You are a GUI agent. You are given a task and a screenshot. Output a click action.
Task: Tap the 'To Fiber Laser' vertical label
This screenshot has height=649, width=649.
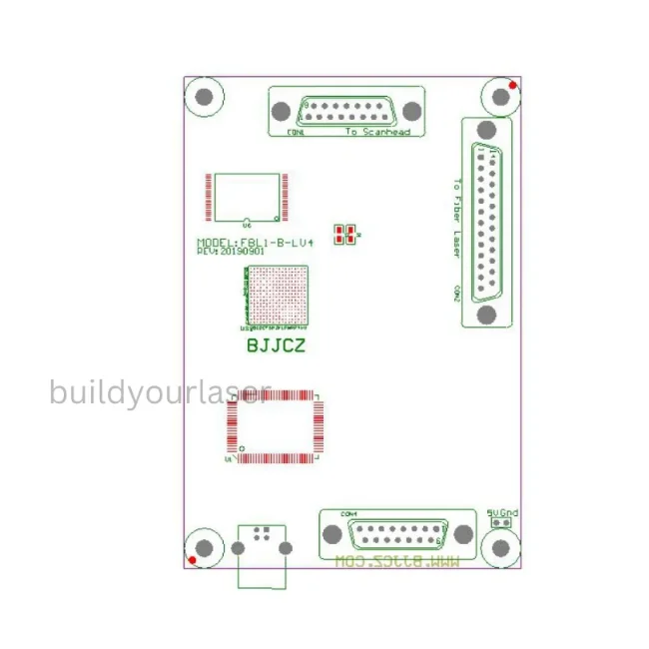(457, 218)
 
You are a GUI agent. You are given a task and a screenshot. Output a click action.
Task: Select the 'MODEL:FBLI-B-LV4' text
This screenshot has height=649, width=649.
(256, 243)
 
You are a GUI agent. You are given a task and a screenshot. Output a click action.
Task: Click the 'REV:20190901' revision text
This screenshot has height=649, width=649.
(230, 252)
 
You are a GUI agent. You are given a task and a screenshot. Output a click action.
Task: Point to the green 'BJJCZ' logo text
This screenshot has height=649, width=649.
(275, 347)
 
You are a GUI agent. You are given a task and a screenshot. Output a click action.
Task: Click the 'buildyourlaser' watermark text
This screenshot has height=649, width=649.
(161, 392)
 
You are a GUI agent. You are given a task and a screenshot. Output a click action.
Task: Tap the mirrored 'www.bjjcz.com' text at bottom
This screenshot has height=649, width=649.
(397, 563)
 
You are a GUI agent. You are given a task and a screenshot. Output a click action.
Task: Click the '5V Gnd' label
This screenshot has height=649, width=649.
(502, 513)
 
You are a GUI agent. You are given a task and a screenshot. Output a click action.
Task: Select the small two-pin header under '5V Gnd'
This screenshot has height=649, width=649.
(503, 522)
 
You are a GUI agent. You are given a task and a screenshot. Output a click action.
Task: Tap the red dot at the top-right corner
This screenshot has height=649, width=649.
(513, 87)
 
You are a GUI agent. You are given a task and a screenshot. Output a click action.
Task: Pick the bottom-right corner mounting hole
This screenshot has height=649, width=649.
(500, 548)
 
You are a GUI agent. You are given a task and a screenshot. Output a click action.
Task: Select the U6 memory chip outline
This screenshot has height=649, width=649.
(247, 197)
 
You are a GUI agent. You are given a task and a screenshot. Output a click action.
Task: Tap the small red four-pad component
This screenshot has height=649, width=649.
(344, 236)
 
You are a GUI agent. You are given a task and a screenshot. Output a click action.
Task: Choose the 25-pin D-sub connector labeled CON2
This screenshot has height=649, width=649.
(487, 222)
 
